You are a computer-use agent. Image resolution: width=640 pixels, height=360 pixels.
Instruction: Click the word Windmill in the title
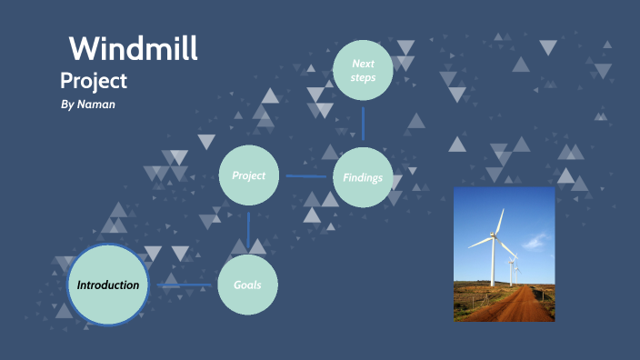[134, 47]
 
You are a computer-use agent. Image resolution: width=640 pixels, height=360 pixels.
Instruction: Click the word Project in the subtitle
[94, 80]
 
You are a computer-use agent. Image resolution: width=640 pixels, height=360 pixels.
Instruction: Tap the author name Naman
[96, 105]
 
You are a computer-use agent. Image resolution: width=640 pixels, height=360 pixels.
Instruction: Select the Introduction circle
[108, 285]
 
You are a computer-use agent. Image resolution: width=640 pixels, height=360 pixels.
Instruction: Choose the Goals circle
[247, 285]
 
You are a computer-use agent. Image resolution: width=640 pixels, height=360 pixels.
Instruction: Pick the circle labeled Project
[248, 175]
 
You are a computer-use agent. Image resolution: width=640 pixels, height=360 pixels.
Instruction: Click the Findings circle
[363, 177]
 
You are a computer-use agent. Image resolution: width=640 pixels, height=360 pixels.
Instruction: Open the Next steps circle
[363, 71]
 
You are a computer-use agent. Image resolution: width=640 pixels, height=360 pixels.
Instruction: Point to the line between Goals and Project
[248, 229]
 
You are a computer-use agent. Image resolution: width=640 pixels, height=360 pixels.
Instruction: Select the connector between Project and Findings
[305, 176]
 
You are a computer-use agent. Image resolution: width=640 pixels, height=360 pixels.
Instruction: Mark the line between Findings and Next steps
[363, 124]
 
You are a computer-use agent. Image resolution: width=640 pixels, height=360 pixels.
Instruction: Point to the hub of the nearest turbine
[495, 237]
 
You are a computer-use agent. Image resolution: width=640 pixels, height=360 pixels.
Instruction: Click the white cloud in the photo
[536, 241]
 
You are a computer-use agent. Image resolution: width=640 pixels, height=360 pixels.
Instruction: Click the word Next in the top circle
[363, 64]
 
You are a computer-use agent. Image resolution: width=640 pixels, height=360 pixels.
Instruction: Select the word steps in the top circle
[363, 78]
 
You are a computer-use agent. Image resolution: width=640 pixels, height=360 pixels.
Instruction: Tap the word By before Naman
[65, 105]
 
